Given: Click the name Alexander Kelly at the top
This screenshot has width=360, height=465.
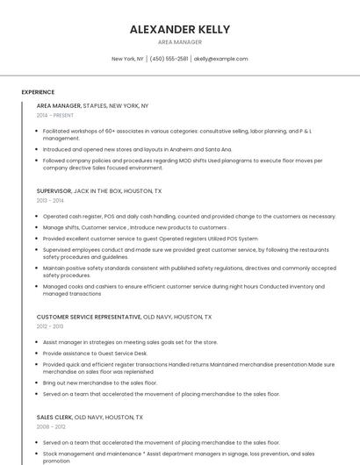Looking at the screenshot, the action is (180, 29).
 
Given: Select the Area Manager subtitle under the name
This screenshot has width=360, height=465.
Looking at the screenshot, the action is (180, 42).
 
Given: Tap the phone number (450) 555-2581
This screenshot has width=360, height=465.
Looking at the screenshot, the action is (169, 59).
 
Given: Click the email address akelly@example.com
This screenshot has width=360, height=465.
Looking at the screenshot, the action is (221, 59).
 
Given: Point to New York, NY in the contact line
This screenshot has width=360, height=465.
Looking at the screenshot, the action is (128, 59).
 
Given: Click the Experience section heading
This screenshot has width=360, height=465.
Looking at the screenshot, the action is (38, 92).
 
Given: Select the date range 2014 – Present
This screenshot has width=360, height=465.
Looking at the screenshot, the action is (55, 115).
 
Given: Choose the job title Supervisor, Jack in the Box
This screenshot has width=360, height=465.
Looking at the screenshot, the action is (99, 190).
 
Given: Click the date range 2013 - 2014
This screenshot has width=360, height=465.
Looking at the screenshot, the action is (50, 200).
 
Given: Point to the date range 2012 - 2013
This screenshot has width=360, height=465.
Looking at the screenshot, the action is (50, 326).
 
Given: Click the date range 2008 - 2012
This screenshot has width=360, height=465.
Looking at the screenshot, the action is (51, 427).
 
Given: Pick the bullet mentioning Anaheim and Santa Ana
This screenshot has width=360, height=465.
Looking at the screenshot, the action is (137, 149).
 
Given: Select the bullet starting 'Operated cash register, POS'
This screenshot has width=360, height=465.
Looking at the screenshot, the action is (189, 216).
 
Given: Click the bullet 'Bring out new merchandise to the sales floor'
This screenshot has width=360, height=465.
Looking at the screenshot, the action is (100, 383).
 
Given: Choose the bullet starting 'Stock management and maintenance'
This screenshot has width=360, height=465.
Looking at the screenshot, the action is (176, 457).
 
